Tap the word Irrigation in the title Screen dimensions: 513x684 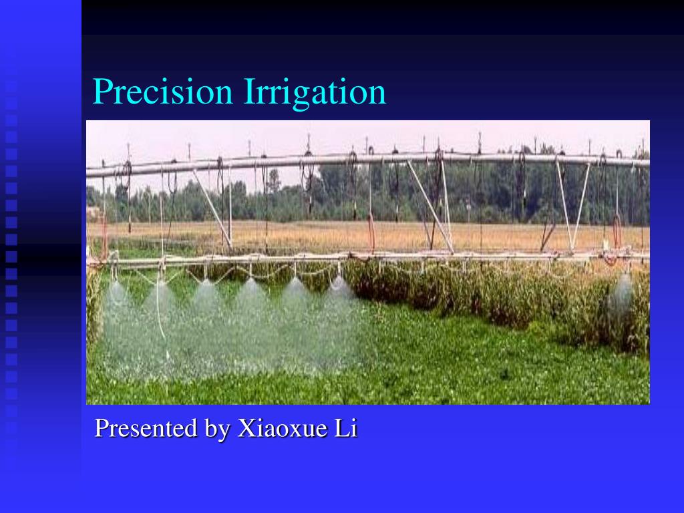315,92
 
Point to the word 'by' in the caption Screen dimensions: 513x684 216,429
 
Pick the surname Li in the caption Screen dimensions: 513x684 346,428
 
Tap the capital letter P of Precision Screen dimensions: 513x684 100,92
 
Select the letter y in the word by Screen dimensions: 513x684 223,432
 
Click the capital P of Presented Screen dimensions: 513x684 101,428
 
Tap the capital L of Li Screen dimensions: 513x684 341,428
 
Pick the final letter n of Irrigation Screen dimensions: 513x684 379,94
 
